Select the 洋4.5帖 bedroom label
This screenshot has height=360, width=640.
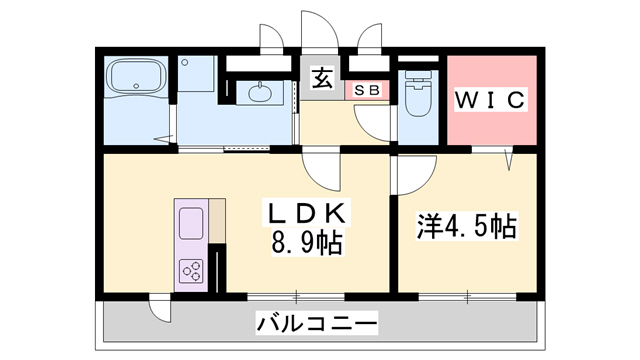pos(466,226)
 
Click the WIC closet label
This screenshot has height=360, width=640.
pos(490,101)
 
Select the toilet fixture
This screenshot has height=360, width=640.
pos(418,96)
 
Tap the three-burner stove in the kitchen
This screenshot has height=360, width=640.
pos(191,269)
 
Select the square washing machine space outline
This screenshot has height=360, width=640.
pos(198,77)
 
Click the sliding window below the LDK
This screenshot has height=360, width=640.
pos(296,296)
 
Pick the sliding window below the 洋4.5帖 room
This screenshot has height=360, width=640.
pos(468,296)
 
